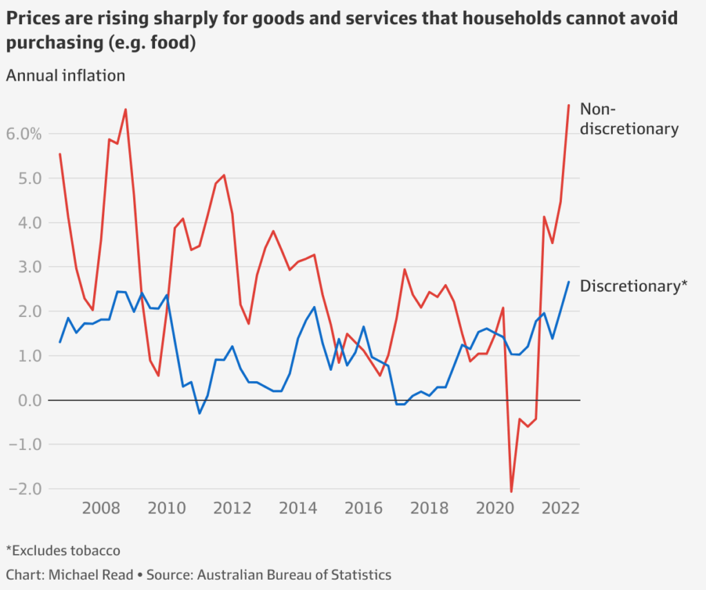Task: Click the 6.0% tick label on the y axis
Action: [x=24, y=134]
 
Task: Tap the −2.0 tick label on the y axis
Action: [x=24, y=489]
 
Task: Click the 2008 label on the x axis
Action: [x=101, y=509]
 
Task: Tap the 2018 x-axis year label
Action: [x=428, y=509]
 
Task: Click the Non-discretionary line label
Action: [x=629, y=119]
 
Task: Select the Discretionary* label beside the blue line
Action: [x=634, y=287]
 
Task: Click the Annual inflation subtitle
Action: [x=65, y=76]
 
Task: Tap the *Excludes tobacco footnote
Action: [x=63, y=551]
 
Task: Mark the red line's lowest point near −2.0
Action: [x=512, y=491]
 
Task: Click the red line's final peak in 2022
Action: [x=568, y=105]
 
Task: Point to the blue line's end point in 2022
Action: [x=569, y=282]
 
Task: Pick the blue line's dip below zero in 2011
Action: [x=199, y=413]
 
